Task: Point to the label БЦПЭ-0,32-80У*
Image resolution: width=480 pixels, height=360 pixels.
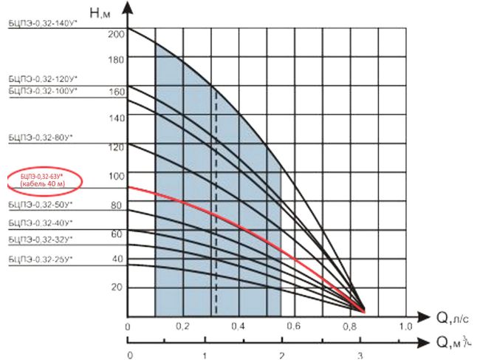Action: [38, 137]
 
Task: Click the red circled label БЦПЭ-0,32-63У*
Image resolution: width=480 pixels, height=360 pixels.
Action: [42, 179]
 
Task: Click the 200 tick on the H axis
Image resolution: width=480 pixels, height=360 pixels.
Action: [116, 35]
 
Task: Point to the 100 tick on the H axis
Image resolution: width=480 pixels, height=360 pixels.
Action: [116, 176]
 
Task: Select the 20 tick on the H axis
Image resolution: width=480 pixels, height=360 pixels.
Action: [117, 287]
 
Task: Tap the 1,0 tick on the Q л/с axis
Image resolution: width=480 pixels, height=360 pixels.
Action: [404, 327]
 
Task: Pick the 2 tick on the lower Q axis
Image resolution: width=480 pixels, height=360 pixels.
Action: [281, 356]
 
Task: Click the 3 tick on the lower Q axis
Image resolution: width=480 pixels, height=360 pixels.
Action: [360, 356]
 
